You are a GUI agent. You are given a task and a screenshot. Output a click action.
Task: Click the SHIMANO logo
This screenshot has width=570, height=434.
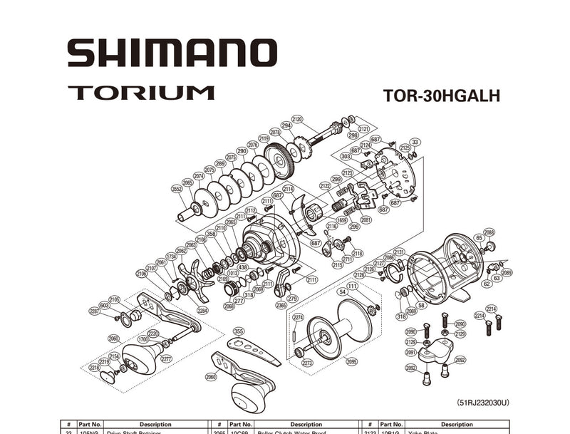170,53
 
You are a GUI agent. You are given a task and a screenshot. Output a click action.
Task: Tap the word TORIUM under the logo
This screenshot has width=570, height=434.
141,93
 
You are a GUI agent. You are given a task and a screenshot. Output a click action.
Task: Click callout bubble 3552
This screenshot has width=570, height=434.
177,189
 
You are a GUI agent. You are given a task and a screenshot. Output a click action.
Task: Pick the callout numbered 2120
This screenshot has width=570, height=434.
297,119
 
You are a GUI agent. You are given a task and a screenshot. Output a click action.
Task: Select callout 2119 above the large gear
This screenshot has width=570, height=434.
264,138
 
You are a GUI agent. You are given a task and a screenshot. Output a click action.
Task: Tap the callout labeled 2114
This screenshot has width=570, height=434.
288,189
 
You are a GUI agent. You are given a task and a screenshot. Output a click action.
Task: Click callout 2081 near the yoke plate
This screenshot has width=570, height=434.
366,219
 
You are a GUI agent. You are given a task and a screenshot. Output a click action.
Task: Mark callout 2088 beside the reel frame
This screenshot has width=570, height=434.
489,232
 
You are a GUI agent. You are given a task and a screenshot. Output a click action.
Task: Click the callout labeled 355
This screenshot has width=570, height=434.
239,331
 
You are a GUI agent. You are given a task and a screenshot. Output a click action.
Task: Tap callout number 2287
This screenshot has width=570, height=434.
95,311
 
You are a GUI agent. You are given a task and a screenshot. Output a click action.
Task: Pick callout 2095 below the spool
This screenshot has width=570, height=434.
352,362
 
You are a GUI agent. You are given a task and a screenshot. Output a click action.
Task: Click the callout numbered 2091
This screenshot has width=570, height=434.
411,352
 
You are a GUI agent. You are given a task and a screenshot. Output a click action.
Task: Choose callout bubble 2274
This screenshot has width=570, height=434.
299,317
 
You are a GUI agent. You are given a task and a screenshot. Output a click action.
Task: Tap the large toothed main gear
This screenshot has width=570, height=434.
279,160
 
